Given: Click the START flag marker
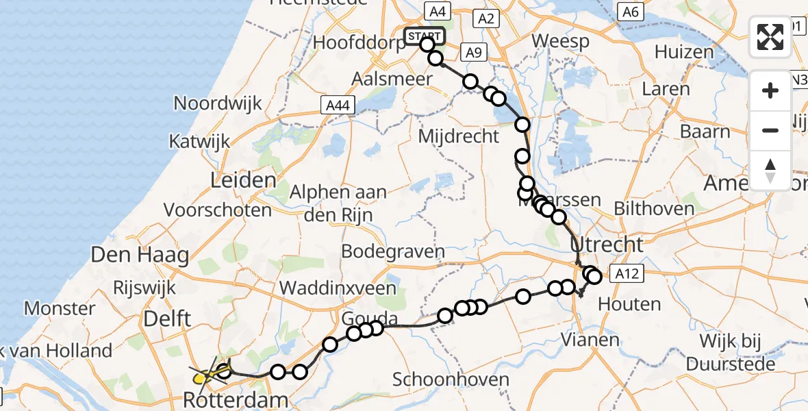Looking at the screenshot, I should point(425,36).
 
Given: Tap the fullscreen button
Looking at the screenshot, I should point(770,37).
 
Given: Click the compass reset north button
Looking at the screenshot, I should point(770,169).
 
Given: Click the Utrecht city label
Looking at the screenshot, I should point(607,245).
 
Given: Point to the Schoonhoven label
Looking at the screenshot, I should point(451,379).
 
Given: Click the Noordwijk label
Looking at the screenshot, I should point(218,103).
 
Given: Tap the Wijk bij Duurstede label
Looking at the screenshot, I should point(731,353).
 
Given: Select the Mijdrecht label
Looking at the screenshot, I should point(459,136).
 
